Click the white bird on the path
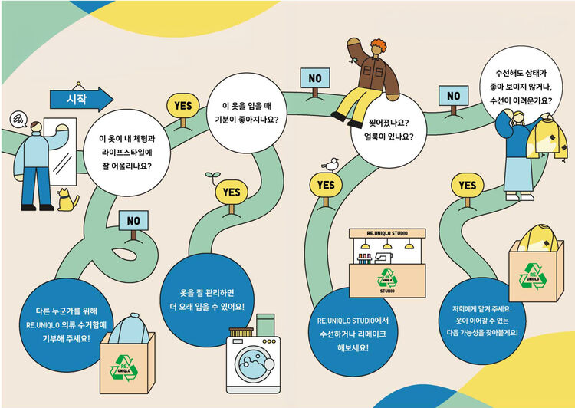click(x=331, y=164)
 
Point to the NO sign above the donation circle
click(x=134, y=221)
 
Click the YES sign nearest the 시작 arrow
click(x=183, y=105)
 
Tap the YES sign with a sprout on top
click(x=231, y=191)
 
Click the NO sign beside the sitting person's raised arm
click(x=314, y=78)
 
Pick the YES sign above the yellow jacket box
click(x=468, y=186)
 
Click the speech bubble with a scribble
click(x=18, y=120)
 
